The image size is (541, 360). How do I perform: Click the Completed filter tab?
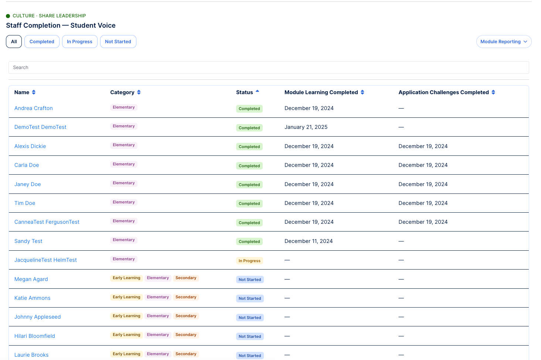(x=42, y=41)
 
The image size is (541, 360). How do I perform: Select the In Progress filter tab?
(x=79, y=41)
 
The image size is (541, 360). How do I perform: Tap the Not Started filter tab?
(x=118, y=41)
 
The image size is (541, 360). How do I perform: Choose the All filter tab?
(x=14, y=41)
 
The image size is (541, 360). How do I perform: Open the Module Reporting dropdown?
(x=504, y=41)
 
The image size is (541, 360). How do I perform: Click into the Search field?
(x=269, y=68)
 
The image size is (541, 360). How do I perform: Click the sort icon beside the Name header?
(x=34, y=92)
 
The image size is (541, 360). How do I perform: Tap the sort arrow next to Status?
(x=258, y=91)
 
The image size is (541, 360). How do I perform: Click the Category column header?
(x=122, y=92)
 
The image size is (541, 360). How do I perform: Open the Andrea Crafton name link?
(x=33, y=108)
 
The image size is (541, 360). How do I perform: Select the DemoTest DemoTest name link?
(x=40, y=127)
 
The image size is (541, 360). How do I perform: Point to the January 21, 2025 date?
(x=306, y=127)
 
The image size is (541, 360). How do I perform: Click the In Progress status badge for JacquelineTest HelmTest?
(x=249, y=261)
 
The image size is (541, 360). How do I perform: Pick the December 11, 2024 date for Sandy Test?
(x=309, y=241)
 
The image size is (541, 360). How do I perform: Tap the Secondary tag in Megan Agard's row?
(x=186, y=278)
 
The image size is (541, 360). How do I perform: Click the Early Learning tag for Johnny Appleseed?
(x=126, y=316)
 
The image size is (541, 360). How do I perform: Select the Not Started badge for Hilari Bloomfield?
(x=250, y=336)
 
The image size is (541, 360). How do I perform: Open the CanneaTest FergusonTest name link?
(x=47, y=222)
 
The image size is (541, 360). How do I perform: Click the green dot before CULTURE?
(x=8, y=16)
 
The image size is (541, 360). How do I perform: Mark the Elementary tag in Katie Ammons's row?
(x=158, y=297)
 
